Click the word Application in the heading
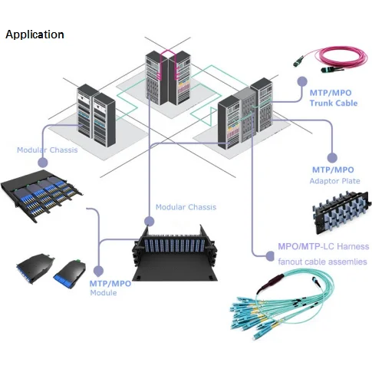[x=35, y=35]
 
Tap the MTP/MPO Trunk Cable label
[x=333, y=97]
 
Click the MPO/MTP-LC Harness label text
[x=323, y=247]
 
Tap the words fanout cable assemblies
[x=322, y=262]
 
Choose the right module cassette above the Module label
[x=70, y=272]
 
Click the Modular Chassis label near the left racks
[x=48, y=150]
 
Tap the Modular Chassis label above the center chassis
[x=186, y=207]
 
